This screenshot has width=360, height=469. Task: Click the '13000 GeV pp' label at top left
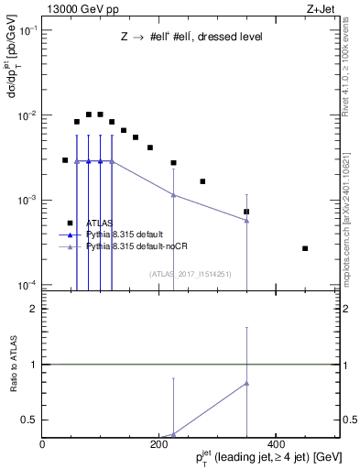(x=76, y=8)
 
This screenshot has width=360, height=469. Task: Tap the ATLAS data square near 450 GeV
(x=305, y=248)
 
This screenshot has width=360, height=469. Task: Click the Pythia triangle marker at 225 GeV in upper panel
(x=173, y=194)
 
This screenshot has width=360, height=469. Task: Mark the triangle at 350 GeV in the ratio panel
(x=246, y=383)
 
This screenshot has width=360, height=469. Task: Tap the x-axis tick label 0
(x=43, y=444)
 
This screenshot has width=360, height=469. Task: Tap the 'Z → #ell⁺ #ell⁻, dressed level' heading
(x=191, y=38)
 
